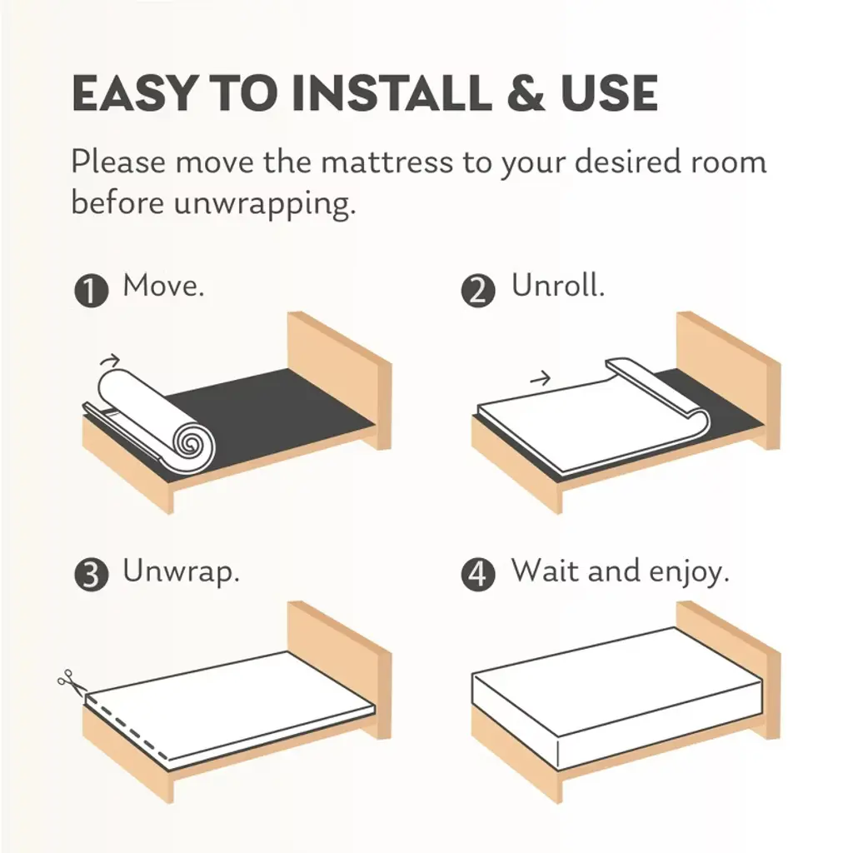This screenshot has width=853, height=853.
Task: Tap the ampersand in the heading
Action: coord(526,93)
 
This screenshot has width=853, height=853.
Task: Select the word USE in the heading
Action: coord(609,93)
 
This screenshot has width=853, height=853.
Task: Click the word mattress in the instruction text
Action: coord(387,162)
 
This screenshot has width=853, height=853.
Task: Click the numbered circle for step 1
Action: coord(91,291)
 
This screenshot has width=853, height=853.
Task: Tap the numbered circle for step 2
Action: coord(478,291)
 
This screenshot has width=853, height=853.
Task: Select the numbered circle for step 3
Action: coord(91,575)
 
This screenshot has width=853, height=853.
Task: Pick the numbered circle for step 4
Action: coord(478,575)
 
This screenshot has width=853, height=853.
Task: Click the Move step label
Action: coord(164,285)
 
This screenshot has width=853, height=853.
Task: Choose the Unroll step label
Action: coord(558,285)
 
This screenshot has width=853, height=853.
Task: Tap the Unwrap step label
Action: coord(181,571)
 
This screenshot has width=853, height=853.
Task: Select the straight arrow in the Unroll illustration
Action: coord(540,377)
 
